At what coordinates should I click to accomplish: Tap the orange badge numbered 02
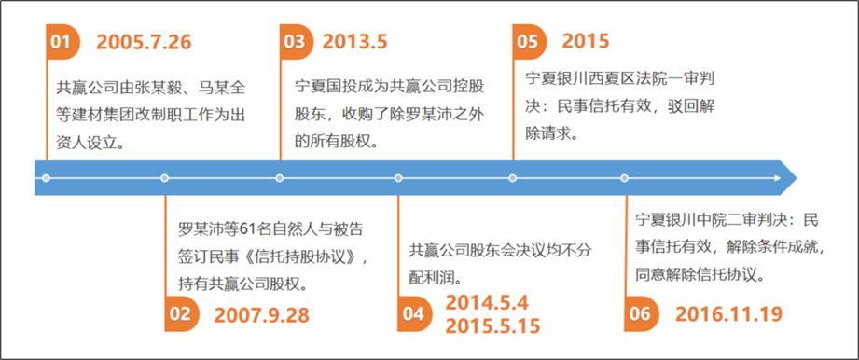click(x=181, y=314)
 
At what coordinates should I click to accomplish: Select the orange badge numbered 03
click(x=297, y=42)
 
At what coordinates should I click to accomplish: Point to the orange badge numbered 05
click(x=530, y=42)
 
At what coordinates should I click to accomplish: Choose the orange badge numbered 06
click(x=641, y=314)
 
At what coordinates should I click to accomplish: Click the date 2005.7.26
click(x=144, y=42)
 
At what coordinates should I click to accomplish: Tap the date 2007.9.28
click(x=262, y=314)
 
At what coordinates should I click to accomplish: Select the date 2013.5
click(x=355, y=42)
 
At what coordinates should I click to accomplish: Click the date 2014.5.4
click(x=487, y=302)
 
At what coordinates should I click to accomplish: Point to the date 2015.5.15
click(x=493, y=325)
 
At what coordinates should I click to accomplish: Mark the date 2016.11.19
click(x=729, y=314)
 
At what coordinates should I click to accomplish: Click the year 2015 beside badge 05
click(x=586, y=42)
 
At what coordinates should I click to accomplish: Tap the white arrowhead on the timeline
click(x=777, y=177)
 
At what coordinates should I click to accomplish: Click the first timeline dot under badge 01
click(x=46, y=178)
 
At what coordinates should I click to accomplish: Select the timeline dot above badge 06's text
click(x=625, y=178)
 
